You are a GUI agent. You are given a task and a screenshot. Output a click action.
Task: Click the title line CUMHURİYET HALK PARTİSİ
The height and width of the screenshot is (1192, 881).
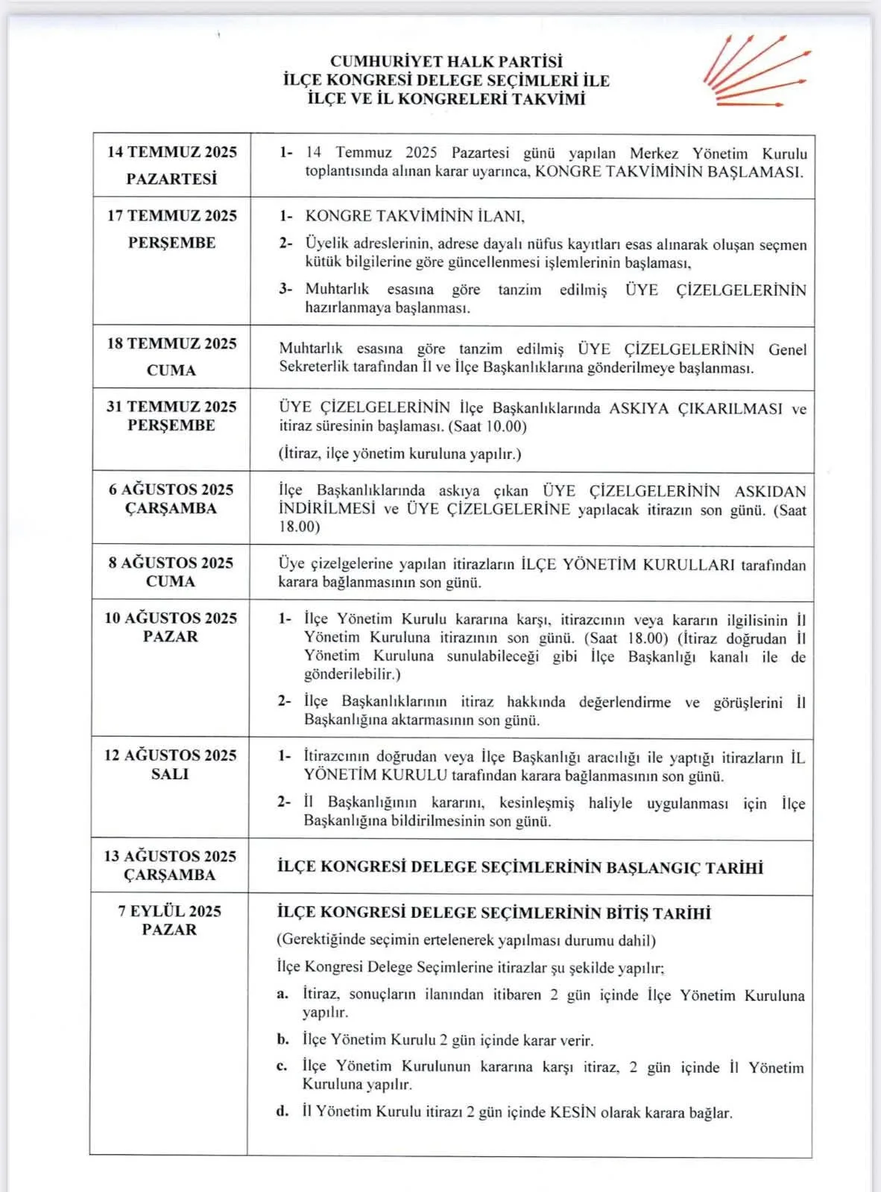pos(446,62)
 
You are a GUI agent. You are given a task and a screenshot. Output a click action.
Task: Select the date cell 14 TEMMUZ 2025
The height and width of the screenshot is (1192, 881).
pos(171,153)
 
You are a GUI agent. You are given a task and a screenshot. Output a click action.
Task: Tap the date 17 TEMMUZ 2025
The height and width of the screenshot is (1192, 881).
pos(171,216)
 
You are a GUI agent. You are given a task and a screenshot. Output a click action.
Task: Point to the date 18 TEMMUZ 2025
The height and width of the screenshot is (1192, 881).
pos(171,343)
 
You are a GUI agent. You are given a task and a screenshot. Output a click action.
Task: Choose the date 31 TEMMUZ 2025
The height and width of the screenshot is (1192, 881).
pos(171,407)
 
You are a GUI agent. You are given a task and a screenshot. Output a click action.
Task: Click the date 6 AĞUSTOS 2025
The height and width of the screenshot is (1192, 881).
pos(171,489)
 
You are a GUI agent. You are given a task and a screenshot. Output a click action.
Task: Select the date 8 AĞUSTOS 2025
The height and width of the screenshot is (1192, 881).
pos(171,562)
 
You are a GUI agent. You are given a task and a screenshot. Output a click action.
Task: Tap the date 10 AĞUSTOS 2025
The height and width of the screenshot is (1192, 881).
pos(170,618)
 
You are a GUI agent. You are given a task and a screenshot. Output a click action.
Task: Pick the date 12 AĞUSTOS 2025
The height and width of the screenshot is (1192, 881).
pos(170,755)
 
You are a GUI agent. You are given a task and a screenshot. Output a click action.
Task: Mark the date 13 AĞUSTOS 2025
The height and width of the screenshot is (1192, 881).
pos(170,856)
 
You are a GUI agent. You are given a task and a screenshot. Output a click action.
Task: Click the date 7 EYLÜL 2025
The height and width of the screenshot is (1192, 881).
pos(169,911)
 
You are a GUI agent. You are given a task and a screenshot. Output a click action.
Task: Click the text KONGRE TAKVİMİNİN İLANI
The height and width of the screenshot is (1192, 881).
pos(414,217)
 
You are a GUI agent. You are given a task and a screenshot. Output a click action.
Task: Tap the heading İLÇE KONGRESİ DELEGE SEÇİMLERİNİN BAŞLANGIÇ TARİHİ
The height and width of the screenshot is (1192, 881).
pos(520,867)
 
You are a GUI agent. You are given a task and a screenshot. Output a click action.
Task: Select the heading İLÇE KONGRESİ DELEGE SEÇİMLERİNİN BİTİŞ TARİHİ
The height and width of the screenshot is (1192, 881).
pos(493,913)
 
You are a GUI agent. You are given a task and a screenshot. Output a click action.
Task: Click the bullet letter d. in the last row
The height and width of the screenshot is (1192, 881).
pos(282,1112)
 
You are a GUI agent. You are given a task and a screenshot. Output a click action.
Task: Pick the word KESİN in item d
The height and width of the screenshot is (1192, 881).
pos(573,1112)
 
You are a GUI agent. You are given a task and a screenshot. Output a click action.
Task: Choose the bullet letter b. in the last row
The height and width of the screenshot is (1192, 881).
pos(282,1039)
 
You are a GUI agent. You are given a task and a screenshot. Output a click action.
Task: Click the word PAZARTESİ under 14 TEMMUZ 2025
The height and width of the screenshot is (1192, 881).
pos(171,180)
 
